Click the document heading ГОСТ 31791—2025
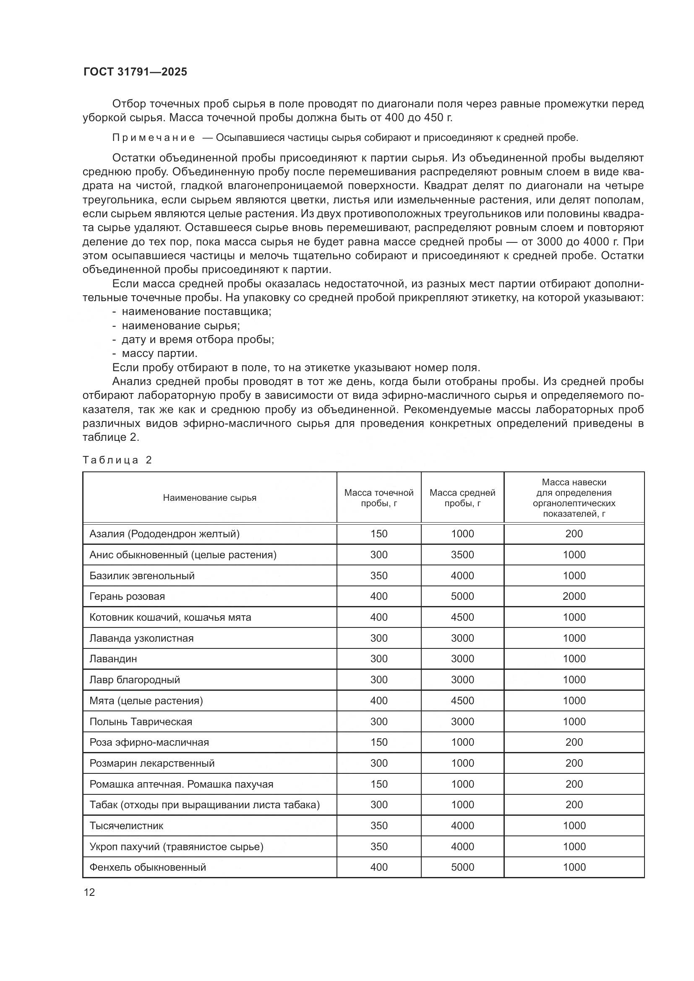click(x=135, y=72)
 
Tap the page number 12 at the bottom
click(x=89, y=892)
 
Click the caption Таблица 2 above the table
click(x=117, y=460)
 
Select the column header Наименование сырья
click(x=209, y=498)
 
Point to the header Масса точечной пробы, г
click(x=378, y=498)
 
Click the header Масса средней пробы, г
click(x=462, y=498)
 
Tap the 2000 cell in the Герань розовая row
click(x=574, y=596)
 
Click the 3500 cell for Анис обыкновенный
click(x=462, y=554)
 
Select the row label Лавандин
click(x=113, y=659)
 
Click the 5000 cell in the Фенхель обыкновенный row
click(x=462, y=867)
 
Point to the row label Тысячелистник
click(x=126, y=825)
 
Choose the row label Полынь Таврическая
click(x=141, y=722)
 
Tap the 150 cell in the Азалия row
click(x=378, y=533)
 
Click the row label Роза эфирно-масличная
click(x=149, y=742)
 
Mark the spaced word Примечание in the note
click(x=154, y=138)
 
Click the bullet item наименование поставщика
click(x=196, y=312)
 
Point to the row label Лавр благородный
click(x=135, y=680)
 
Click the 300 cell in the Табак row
click(x=378, y=804)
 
